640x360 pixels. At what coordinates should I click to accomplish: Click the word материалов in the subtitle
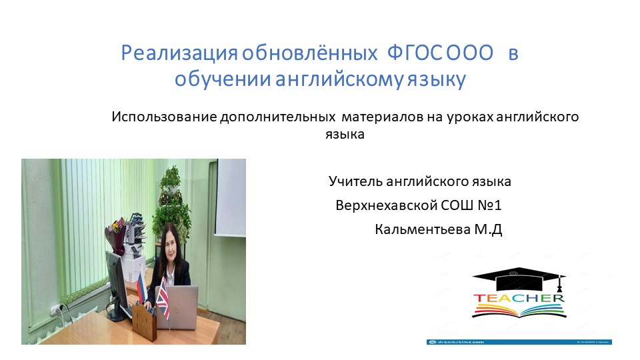click(381, 118)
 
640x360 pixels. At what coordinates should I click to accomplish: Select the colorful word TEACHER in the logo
click(519, 298)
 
